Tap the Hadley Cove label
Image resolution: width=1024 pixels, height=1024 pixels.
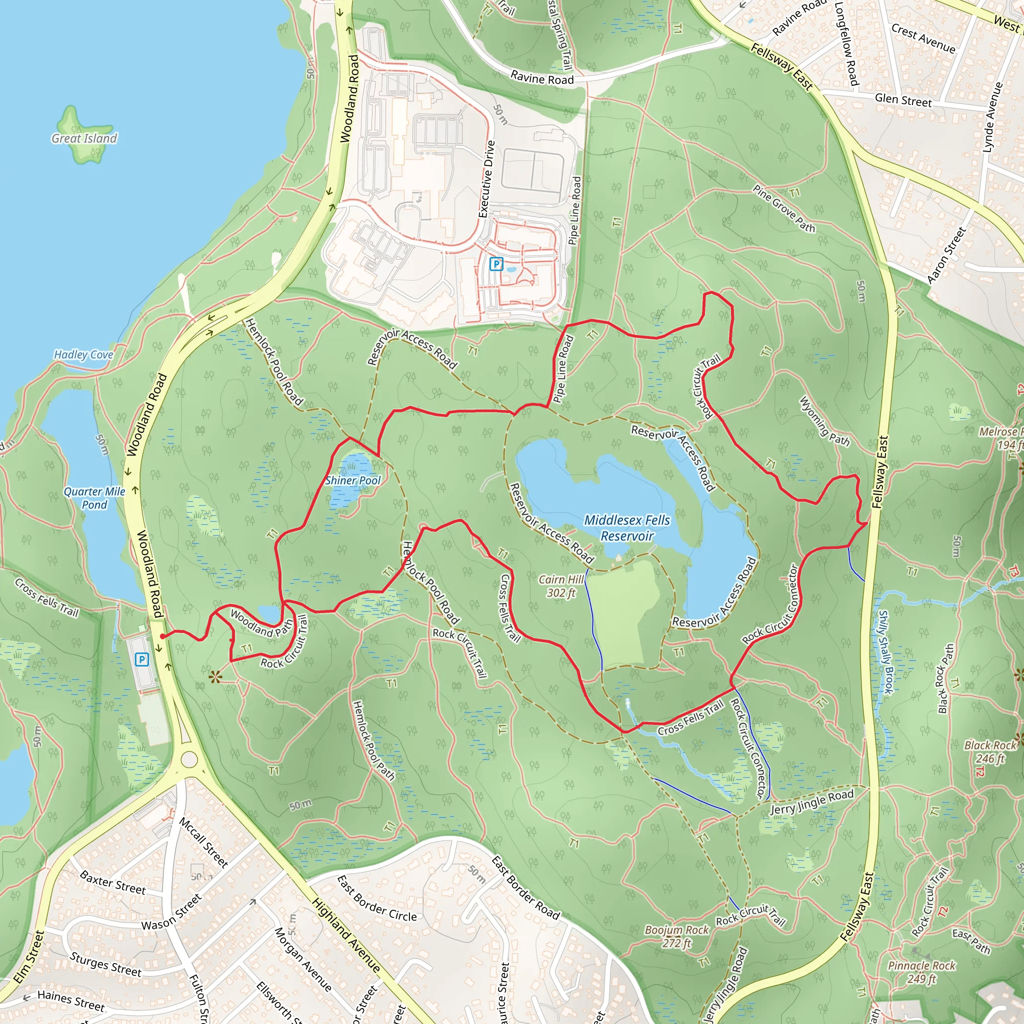(x=83, y=354)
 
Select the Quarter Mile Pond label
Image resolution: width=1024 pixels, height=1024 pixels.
(x=94, y=497)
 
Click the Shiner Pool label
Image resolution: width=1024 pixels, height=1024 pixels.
(x=353, y=480)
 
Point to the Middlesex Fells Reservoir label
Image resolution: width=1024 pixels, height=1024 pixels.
(x=627, y=528)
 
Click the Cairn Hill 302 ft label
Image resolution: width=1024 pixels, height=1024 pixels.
(x=561, y=585)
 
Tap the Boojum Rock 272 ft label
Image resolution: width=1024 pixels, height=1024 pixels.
(x=676, y=936)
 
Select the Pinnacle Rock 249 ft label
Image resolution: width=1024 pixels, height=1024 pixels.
(x=921, y=972)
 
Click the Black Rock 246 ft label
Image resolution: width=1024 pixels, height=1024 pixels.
(x=990, y=751)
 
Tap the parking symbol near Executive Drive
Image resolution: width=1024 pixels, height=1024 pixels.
(x=496, y=263)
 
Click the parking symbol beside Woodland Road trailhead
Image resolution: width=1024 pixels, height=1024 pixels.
(x=141, y=659)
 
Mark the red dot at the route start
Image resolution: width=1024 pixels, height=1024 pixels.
(x=162, y=636)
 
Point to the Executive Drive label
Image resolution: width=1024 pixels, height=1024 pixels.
(x=486, y=178)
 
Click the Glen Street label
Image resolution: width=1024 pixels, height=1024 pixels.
(x=903, y=99)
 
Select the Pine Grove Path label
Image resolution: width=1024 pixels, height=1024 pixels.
(x=784, y=208)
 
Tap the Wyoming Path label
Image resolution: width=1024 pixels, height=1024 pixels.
(x=824, y=421)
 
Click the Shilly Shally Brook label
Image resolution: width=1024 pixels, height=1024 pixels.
(x=885, y=652)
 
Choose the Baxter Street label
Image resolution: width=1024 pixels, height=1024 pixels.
(x=112, y=882)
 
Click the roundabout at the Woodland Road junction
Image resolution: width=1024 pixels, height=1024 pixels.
(x=189, y=759)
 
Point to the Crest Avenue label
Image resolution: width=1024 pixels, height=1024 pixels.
(x=923, y=38)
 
